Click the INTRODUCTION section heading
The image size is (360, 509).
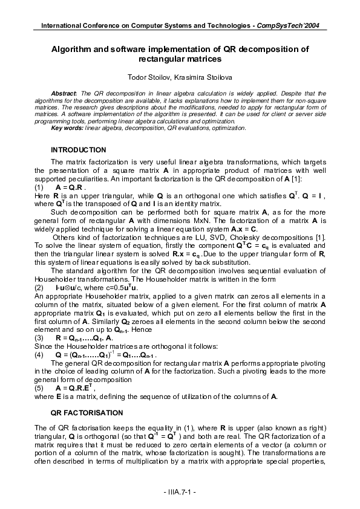pyautogui.click(x=79, y=149)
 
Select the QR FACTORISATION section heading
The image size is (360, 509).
pyautogui.click(x=87, y=412)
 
